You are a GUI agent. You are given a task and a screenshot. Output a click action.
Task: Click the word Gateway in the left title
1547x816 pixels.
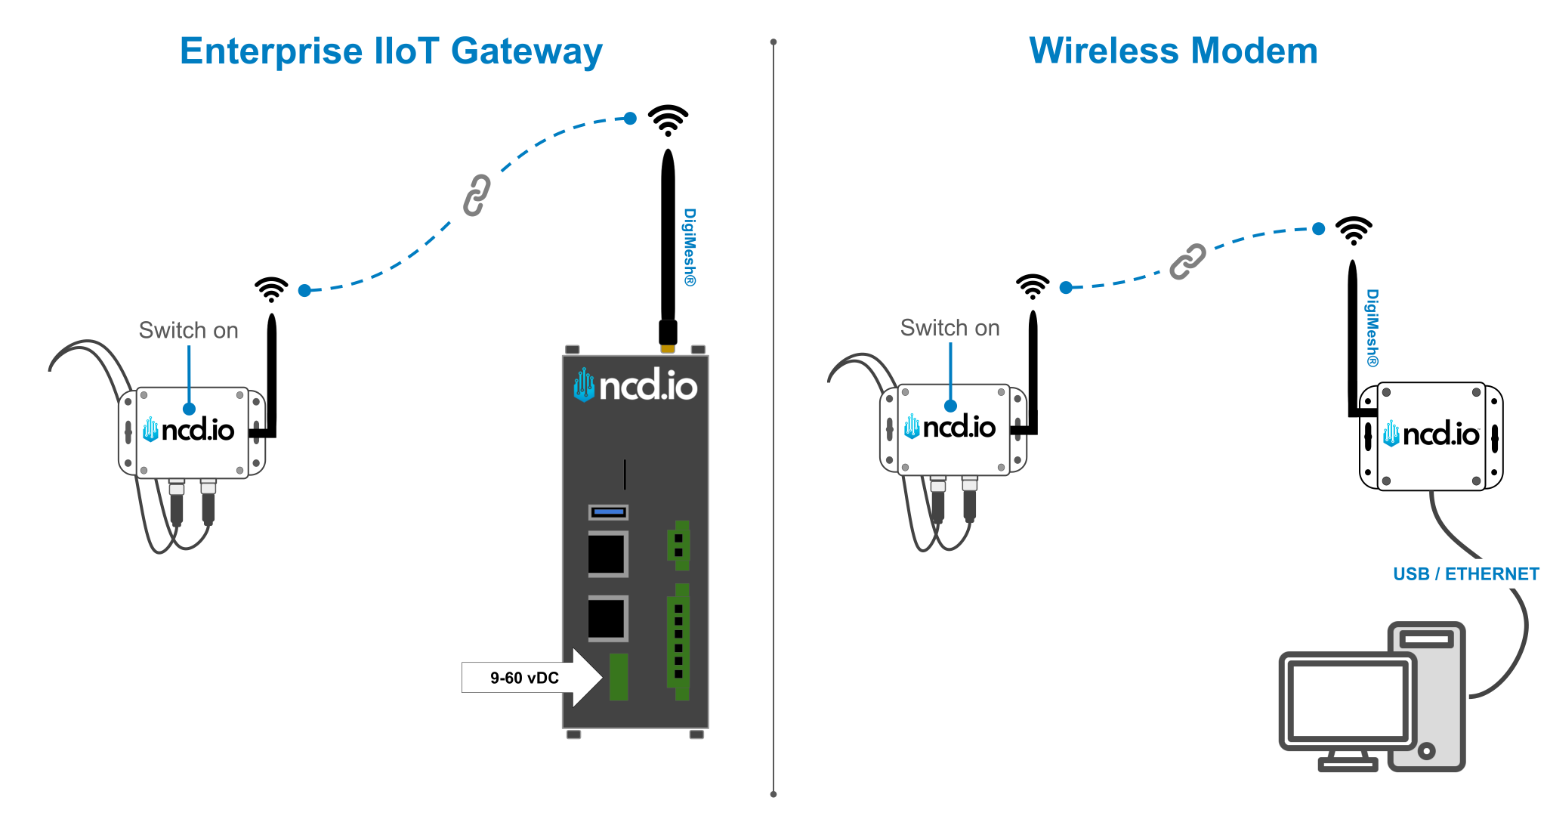coord(526,51)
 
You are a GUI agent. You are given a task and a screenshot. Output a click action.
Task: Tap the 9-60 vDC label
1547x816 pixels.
coord(524,678)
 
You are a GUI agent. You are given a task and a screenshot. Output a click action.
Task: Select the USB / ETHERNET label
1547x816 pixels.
coord(1465,574)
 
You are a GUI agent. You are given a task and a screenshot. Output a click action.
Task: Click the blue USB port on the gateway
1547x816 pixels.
coord(608,512)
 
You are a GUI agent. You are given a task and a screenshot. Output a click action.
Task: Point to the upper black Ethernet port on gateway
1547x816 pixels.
coord(607,554)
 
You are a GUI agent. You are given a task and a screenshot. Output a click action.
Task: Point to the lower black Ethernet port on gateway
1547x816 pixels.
coord(607,619)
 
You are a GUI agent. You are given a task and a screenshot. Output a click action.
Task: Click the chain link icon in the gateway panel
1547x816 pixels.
coord(477,195)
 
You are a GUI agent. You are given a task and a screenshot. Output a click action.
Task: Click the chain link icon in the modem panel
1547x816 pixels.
coord(1187,261)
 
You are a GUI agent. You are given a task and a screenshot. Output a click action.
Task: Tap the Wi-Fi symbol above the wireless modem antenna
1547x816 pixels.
coord(1354,230)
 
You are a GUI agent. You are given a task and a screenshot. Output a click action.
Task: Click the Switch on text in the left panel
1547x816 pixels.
coord(188,330)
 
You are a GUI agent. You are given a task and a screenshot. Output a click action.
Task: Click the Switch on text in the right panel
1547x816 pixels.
coord(950,328)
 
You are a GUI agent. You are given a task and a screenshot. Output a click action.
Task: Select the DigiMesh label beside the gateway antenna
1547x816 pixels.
coord(690,247)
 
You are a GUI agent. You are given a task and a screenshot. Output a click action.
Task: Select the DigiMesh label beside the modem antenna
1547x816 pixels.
coord(1373,328)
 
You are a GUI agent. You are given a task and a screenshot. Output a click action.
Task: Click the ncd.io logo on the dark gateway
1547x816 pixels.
coord(635,386)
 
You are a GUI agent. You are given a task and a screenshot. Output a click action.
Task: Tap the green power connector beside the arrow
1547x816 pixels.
coord(619,677)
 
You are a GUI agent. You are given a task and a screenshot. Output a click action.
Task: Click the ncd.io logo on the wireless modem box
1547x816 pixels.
coord(1431,434)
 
